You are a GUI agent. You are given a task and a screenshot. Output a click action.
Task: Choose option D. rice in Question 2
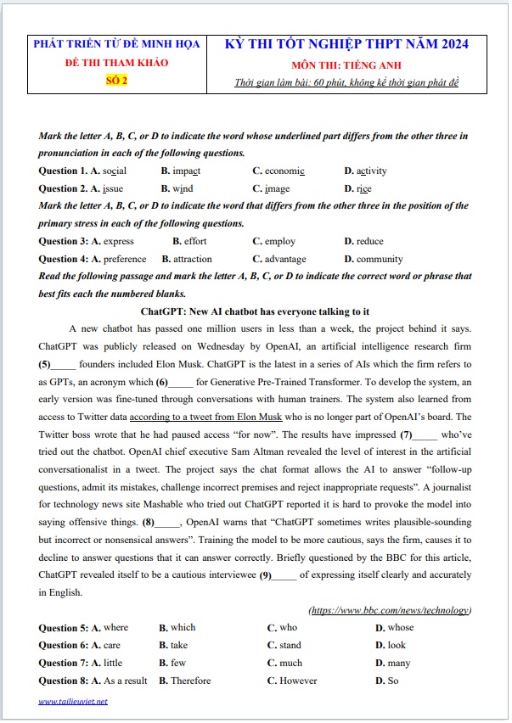click(357, 188)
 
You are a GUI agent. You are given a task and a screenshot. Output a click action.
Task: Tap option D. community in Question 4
click(374, 259)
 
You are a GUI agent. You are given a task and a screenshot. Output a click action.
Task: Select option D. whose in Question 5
click(394, 628)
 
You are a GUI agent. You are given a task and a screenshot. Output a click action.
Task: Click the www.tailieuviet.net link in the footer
click(73, 702)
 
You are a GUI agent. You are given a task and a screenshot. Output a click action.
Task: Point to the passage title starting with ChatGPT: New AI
click(255, 311)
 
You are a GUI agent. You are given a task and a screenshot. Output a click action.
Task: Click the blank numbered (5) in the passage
click(64, 363)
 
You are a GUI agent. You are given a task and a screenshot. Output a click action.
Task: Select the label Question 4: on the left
click(64, 259)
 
